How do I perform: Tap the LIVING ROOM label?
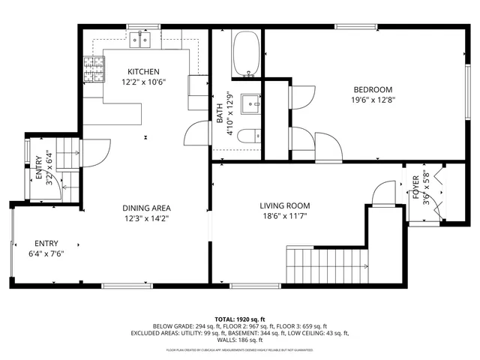tap(285, 205)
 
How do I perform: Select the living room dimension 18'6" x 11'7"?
tap(285, 216)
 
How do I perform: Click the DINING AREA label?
tap(148, 208)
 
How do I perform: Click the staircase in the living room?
tap(328, 266)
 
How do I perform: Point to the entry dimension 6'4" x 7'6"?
tap(46, 253)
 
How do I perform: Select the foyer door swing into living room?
tap(385, 191)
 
